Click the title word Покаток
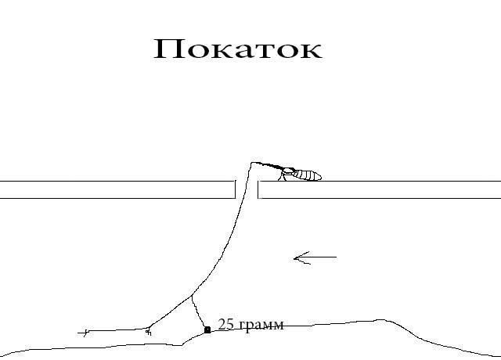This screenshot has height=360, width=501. point(237,49)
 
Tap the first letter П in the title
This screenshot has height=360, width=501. point(169,49)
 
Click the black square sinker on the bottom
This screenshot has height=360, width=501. point(207,330)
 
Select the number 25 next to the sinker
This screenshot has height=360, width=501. point(226,324)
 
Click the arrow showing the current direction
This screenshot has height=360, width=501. point(315,257)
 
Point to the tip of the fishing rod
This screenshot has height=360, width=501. point(253,163)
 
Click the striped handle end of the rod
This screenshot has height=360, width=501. point(310,175)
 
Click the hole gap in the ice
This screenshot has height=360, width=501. point(247,189)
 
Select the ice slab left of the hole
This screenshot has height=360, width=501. point(117,189)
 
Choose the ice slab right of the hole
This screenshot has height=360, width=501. point(380,189)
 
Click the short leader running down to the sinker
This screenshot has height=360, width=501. point(199,313)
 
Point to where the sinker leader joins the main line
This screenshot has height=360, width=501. point(192,297)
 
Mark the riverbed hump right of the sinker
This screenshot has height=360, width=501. point(381,320)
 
